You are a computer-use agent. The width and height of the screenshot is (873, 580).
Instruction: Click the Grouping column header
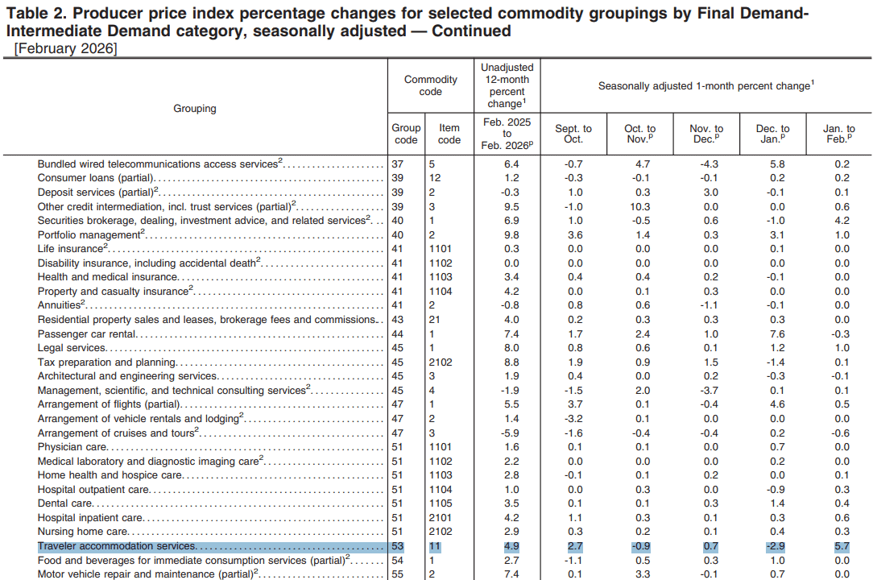[x=195, y=108]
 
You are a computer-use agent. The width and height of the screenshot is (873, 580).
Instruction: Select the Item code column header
[x=449, y=134]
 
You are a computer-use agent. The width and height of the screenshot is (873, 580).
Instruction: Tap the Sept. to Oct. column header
[x=573, y=134]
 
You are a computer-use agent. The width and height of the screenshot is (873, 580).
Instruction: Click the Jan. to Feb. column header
[x=838, y=134]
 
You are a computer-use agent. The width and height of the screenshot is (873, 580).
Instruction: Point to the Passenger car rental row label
[x=87, y=334]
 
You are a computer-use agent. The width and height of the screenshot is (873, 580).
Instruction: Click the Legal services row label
[x=72, y=348]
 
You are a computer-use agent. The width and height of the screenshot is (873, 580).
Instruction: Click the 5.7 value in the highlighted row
[x=842, y=546]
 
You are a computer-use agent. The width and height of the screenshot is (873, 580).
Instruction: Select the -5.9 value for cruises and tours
[x=511, y=433]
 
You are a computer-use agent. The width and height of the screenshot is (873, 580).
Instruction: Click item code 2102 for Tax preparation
[x=441, y=362]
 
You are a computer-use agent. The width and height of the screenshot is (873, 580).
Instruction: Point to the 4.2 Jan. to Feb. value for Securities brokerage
[x=842, y=221]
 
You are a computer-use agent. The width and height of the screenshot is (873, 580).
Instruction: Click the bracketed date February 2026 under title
[x=65, y=49]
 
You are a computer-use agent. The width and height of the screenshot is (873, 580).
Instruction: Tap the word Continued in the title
[x=471, y=31]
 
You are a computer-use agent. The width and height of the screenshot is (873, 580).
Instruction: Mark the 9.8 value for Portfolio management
[x=511, y=234]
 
